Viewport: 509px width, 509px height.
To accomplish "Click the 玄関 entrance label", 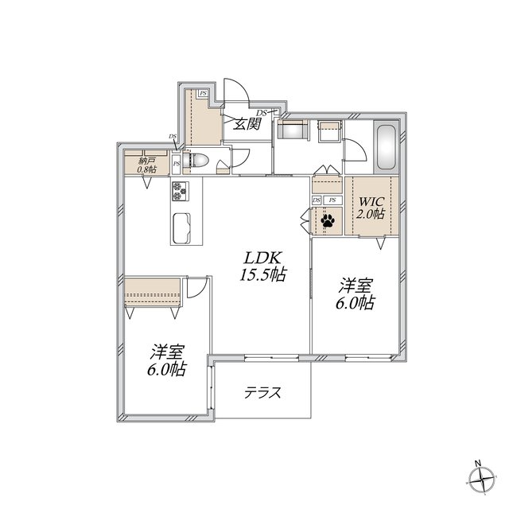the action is [247, 123].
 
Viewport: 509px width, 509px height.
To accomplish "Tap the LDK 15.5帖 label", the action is [263, 266].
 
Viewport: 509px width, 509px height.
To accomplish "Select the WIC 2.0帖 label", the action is [371, 208].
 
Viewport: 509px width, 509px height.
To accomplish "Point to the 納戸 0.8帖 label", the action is [146, 165].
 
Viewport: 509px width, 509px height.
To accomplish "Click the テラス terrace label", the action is [262, 393].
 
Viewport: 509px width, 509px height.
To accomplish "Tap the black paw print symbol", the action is [327, 221].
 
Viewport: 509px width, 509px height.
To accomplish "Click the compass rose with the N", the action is [482, 479].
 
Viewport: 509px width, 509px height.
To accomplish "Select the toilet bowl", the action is [196, 160].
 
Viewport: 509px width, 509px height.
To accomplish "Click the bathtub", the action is [386, 147].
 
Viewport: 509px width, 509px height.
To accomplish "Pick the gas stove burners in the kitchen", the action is [180, 191].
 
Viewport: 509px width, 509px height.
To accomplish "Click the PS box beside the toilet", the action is [176, 164].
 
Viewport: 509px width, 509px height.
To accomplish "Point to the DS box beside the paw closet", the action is [317, 200].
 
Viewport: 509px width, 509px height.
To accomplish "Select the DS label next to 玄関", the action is [262, 113].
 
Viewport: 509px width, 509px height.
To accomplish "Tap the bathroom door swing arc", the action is [356, 150].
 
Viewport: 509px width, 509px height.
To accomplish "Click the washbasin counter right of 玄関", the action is [292, 130].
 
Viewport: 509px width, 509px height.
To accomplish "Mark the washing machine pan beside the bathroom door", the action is [329, 130].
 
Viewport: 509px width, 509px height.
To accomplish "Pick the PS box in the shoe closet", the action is [203, 94].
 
